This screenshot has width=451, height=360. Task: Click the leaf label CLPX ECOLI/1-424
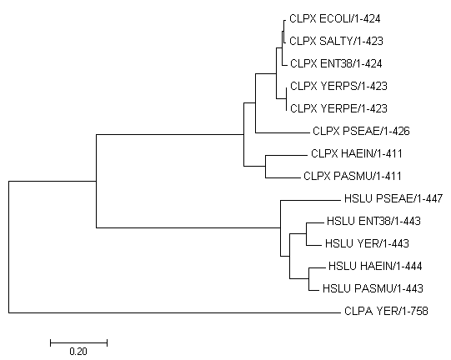[335, 18]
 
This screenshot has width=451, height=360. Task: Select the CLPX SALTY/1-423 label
[336, 41]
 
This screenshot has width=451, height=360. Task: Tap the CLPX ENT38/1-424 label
[336, 63]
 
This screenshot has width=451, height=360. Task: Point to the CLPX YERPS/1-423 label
[338, 86]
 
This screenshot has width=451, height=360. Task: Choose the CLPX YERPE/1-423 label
[338, 108]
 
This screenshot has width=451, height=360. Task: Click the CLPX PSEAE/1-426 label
[361, 131]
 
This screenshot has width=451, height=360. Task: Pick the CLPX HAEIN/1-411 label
[357, 153]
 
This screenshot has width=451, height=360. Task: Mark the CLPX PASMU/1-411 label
[353, 176]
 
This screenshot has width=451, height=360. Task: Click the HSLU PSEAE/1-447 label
[393, 198]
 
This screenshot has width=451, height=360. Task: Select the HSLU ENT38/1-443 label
[373, 221]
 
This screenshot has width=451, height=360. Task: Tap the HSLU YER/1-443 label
[367, 243]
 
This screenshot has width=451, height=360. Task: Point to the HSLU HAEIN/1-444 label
[375, 266]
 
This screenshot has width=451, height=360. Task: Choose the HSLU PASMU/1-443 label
[373, 288]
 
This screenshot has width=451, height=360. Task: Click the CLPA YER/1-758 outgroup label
[386, 311]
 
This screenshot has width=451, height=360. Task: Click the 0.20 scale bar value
[78, 352]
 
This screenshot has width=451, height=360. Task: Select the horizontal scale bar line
[79, 342]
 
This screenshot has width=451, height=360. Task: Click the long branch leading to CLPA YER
[174, 312]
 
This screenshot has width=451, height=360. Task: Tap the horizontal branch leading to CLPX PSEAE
[282, 132]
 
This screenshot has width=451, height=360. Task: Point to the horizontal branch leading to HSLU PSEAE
[311, 200]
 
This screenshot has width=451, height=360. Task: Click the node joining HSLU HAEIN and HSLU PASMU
[309, 278]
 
